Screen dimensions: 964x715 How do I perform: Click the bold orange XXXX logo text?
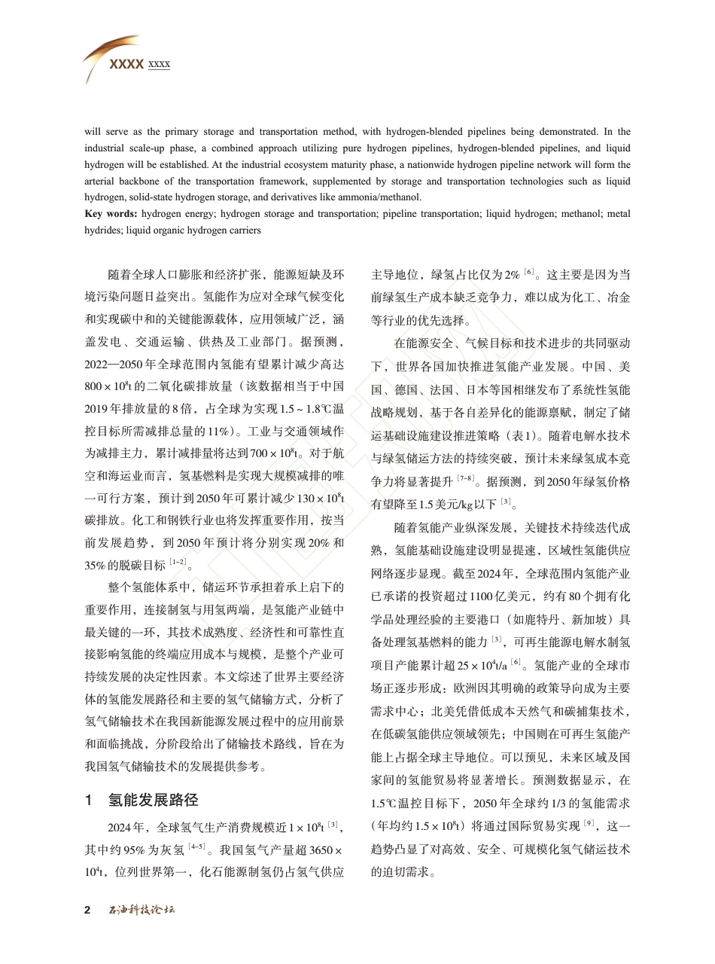(x=126, y=65)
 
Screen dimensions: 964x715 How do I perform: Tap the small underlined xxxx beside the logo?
(x=159, y=65)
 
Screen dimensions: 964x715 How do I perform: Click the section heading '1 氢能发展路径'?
(x=141, y=799)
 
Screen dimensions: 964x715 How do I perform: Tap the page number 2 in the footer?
(x=87, y=910)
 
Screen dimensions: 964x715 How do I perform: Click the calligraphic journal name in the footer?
(x=141, y=910)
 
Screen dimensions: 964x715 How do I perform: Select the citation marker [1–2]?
(x=178, y=562)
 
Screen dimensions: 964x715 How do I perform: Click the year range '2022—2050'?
(x=116, y=365)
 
